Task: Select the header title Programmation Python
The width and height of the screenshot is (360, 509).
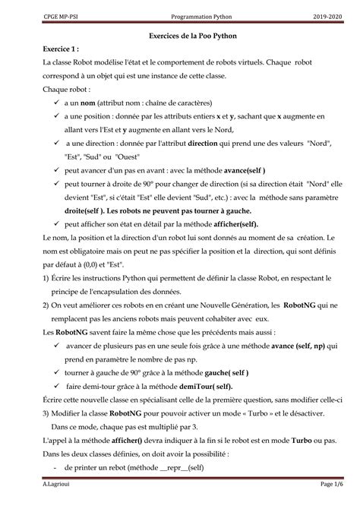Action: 180,15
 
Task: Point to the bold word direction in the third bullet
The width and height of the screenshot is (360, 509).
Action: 187,144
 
